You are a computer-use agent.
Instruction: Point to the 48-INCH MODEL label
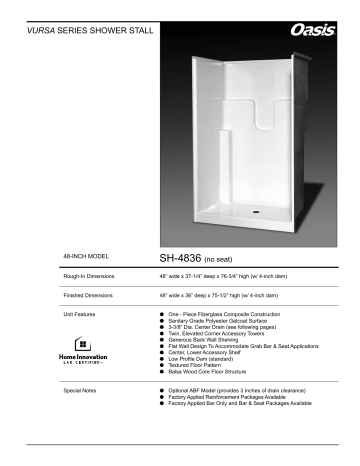click(x=84, y=256)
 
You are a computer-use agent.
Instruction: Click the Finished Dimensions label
click(x=87, y=296)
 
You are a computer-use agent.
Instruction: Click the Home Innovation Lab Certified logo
click(x=79, y=353)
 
